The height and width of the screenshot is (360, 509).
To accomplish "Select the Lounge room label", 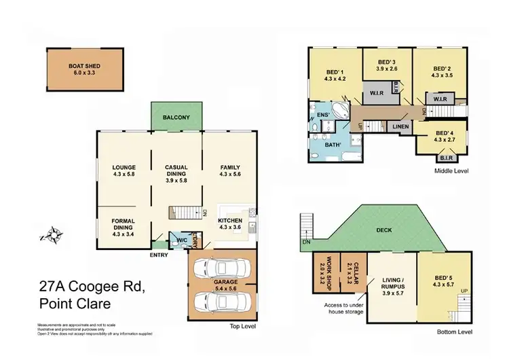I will coord(124,167).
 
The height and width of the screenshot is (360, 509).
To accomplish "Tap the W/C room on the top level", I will coord(181,240).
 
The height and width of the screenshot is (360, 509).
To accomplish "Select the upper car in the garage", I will coord(221,270).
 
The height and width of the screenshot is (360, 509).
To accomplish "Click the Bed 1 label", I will coord(335,71).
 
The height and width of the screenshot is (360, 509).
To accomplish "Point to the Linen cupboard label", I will coord(400,126).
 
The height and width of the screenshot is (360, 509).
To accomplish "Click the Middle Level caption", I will coord(451,170).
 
